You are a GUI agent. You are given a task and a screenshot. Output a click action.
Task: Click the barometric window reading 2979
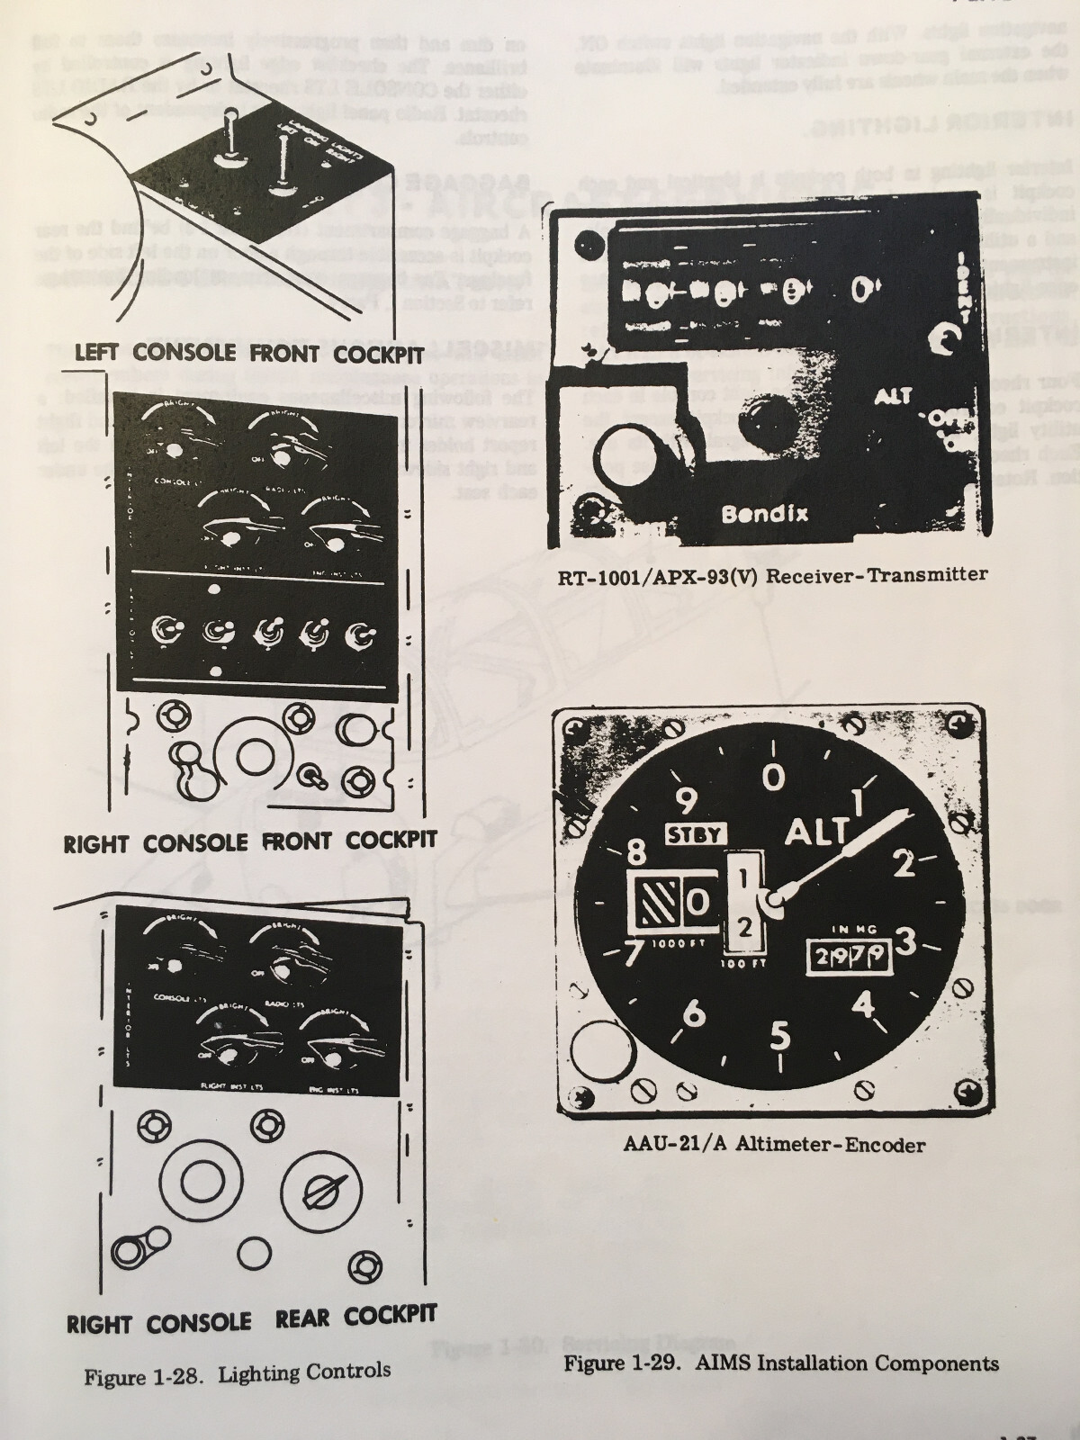point(847,958)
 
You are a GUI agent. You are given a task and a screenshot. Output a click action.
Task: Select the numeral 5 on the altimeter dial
point(779,1037)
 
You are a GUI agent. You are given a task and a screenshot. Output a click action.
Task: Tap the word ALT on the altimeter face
point(816,832)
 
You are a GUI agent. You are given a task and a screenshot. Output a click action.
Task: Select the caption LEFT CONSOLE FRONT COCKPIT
point(248,353)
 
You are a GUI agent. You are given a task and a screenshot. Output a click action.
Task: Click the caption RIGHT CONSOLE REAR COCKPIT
point(251,1319)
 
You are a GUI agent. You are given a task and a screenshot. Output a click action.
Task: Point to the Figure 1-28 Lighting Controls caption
point(238,1372)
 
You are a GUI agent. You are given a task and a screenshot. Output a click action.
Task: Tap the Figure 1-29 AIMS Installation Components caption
point(780,1363)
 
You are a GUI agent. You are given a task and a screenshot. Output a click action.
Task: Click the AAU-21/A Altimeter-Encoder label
point(773,1145)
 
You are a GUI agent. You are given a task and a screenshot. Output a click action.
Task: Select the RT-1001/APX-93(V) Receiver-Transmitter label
point(772,573)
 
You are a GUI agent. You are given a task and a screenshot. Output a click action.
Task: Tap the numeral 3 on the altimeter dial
point(905,941)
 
